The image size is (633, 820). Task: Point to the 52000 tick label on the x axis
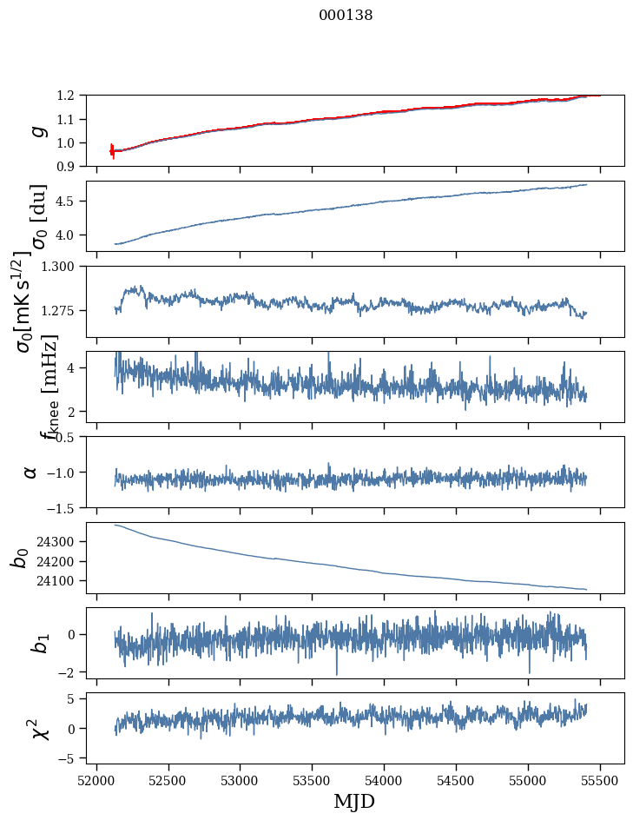pos(96,780)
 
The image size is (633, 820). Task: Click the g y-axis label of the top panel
pos(36,130)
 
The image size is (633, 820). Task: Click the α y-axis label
pos(31,472)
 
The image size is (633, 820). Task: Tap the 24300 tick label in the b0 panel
pos(61,541)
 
